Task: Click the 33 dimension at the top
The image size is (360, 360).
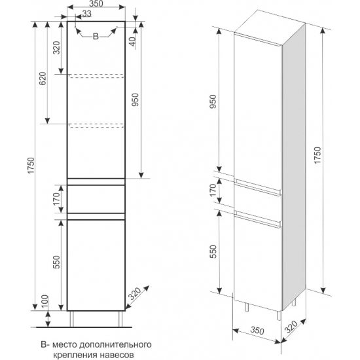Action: (x=87, y=13)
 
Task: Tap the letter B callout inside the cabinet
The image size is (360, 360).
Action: (x=96, y=36)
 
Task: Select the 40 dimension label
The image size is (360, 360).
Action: (x=133, y=41)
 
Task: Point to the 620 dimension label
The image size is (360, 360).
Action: (x=43, y=79)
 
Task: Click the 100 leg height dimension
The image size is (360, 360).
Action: (x=45, y=302)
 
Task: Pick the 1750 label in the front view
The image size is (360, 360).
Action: (x=31, y=165)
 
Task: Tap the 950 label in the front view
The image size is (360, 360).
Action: (x=135, y=99)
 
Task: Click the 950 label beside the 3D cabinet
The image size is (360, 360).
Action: (x=213, y=101)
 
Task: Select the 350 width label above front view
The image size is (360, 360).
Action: (x=96, y=4)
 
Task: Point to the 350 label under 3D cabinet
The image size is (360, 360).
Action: (x=257, y=331)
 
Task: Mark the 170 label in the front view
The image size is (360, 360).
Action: (x=56, y=199)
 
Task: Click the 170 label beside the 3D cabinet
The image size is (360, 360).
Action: (x=213, y=190)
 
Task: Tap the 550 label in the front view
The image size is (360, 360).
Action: (x=56, y=262)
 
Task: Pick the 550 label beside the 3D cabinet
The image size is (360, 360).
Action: (x=213, y=251)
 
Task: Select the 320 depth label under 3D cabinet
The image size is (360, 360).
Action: (x=291, y=327)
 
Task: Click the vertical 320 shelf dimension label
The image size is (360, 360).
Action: (x=56, y=48)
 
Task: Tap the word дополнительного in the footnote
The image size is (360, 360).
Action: (x=115, y=344)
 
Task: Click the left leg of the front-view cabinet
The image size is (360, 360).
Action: (x=72, y=319)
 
